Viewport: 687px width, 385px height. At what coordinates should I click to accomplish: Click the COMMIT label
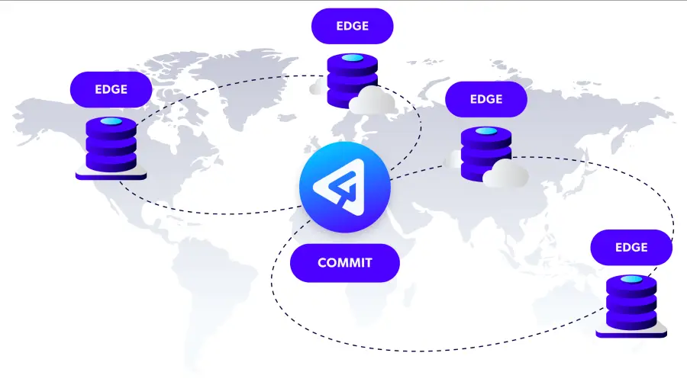pos(345,263)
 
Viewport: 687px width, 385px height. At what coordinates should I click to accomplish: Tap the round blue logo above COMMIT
pos(345,187)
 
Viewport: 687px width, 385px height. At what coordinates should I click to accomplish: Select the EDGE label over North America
pos(111,89)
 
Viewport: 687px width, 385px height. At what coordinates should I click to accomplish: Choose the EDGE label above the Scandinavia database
pos(352,26)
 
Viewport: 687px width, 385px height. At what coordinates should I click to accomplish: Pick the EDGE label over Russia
pos(486,99)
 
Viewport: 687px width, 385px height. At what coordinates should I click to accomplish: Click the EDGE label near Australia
pos(631,247)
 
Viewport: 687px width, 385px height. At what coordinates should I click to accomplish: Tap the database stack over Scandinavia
pos(352,81)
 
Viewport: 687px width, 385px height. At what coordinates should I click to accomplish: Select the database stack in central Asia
pos(486,154)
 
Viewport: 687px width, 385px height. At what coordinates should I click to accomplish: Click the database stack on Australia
pos(631,303)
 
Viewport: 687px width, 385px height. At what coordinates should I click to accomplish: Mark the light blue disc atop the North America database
pos(111,121)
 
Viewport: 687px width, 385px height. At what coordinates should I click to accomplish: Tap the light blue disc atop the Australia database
pos(631,279)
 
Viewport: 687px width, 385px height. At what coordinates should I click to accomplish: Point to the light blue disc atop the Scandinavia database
pos(352,58)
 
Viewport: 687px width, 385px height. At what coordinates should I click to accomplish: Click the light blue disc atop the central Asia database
pos(486,131)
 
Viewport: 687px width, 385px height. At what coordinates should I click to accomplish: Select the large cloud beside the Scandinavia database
pos(372,100)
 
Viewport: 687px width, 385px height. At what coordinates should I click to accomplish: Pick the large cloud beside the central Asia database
pos(505,173)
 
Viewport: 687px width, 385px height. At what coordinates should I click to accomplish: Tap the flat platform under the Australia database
pos(631,331)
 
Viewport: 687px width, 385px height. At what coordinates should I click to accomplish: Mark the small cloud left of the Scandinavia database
pos(318,87)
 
